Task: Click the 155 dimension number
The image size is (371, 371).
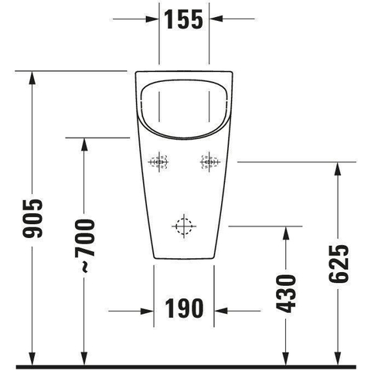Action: tap(183, 19)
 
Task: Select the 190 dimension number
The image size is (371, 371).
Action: tap(184, 308)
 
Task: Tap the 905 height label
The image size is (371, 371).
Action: tap(32, 218)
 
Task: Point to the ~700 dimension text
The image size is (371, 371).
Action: tap(85, 246)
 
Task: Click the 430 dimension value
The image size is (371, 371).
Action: tap(286, 294)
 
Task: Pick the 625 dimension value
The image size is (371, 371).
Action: tap(339, 264)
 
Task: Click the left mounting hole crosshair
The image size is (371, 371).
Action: tap(158, 162)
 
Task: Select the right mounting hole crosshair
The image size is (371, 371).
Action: tap(209, 162)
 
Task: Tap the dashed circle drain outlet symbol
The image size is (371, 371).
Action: tap(184, 226)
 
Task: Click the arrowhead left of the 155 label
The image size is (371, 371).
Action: tap(151, 19)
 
